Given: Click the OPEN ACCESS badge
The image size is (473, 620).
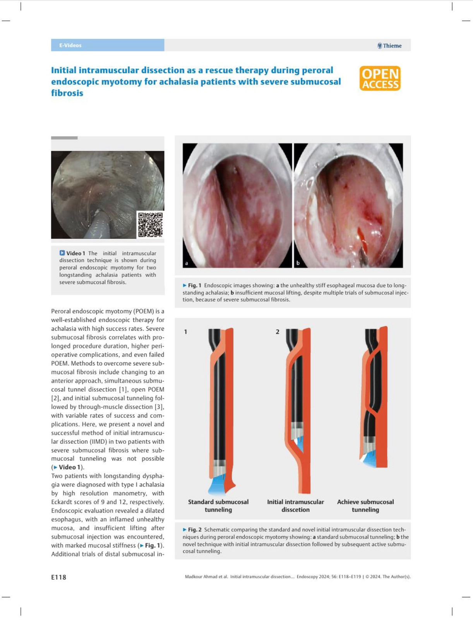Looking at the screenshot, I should click(x=380, y=78).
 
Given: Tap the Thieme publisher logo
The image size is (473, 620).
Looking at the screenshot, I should click(x=389, y=46).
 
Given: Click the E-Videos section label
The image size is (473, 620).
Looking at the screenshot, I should click(x=70, y=45).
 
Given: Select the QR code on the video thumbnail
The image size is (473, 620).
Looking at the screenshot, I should click(x=151, y=224).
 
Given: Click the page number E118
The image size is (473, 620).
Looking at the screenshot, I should click(x=59, y=577).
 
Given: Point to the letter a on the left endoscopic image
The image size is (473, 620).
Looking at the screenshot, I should click(x=187, y=263).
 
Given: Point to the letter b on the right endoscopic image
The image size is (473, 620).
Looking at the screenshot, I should click(x=298, y=263).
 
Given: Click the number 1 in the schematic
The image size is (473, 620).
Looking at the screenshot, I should click(x=185, y=332).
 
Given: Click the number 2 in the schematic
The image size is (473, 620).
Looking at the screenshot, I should click(x=277, y=332).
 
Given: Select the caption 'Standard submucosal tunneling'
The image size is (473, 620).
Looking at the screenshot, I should click(x=218, y=506).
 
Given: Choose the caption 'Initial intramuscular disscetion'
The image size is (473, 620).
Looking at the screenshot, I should click(x=295, y=506).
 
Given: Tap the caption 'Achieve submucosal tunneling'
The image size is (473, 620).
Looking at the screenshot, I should click(x=365, y=506).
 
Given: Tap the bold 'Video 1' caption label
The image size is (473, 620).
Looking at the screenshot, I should click(x=75, y=253).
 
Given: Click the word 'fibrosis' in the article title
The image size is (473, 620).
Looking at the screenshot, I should click(x=67, y=93).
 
